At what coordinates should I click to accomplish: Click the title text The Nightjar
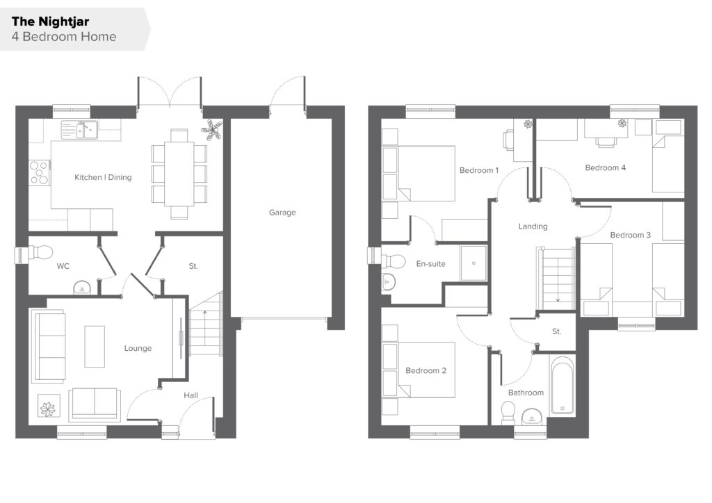tap(50, 22)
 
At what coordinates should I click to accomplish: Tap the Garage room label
tap(282, 213)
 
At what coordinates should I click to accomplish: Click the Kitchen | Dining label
tap(103, 177)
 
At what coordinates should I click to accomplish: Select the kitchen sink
tap(79, 129)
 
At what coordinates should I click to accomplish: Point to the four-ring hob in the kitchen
tap(39, 173)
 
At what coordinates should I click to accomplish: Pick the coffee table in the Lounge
tap(95, 346)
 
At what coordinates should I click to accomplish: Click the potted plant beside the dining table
tap(211, 130)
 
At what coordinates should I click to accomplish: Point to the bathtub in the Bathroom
tap(563, 386)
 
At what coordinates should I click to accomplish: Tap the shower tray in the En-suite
tap(473, 263)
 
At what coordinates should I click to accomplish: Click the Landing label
tap(533, 226)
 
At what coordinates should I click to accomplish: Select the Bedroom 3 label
tap(630, 235)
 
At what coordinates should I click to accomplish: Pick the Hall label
tap(191, 395)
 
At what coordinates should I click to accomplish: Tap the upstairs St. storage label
tap(557, 331)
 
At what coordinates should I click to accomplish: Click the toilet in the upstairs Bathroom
tap(508, 412)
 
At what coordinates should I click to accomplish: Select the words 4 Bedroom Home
tap(63, 37)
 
